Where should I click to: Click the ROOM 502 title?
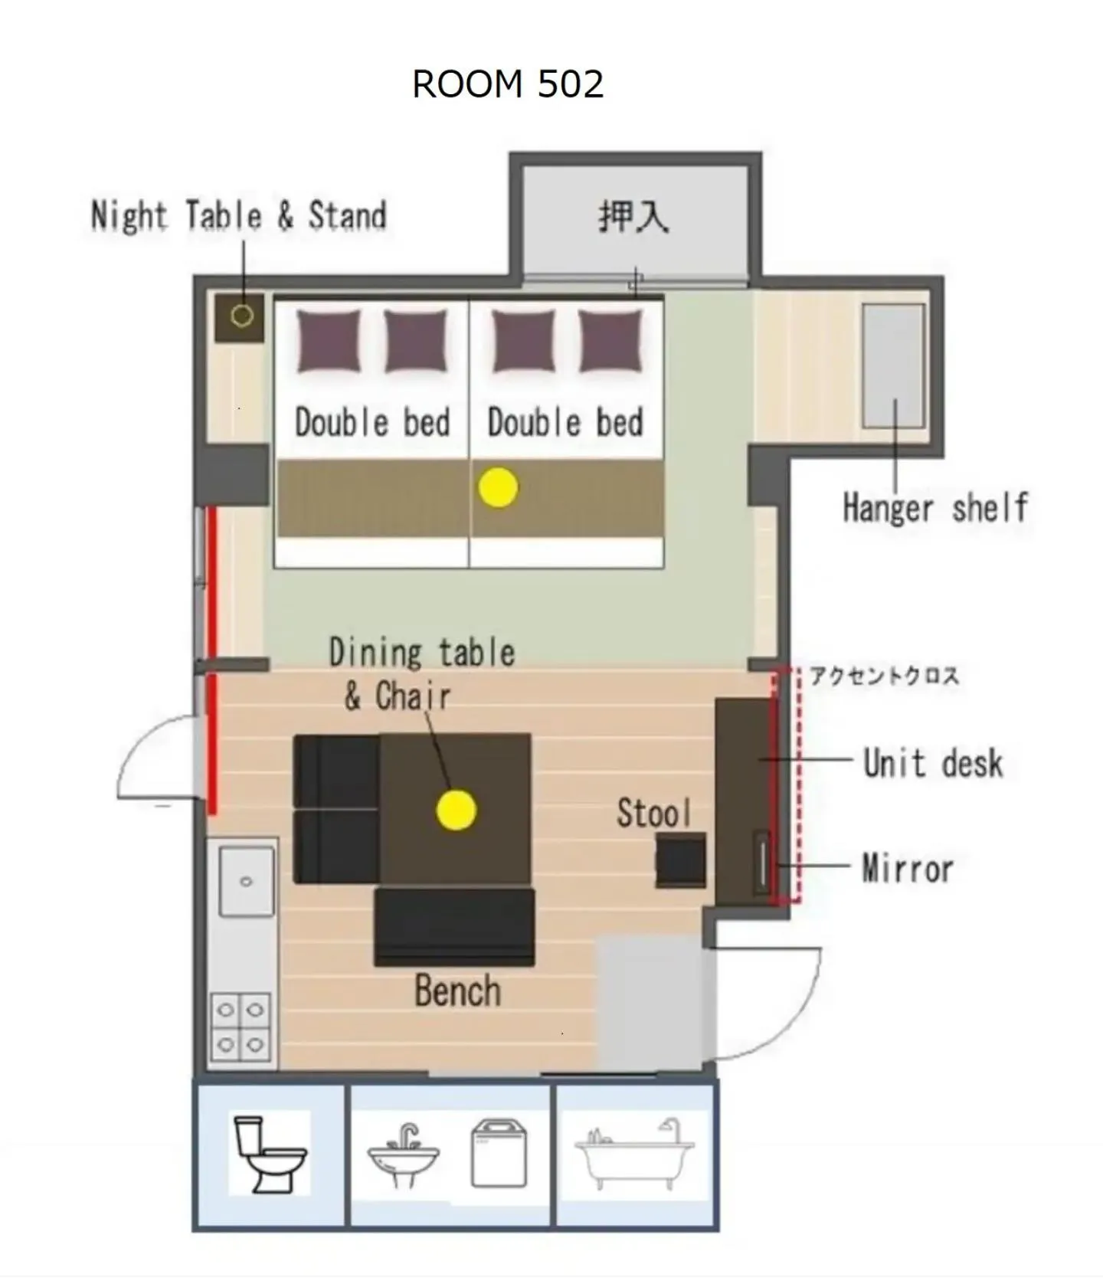pos(508,84)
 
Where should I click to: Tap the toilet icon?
pos(270,1154)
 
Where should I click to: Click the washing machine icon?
pos(499,1153)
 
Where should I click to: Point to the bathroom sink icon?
pos(404,1155)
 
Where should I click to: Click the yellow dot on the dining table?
pos(457,810)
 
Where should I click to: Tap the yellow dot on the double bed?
pos(498,487)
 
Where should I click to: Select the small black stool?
pos(681,860)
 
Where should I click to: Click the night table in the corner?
pos(240,317)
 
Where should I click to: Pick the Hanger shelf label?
pos(935,508)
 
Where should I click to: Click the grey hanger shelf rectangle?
pos(893,366)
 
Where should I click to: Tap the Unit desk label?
pos(933,763)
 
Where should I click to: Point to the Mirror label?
pos(908,869)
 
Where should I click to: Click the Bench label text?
pos(458,991)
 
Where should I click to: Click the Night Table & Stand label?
pos(238,215)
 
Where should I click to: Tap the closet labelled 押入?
pos(634,216)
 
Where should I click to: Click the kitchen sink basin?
pos(247,882)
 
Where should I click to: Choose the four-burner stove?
pos(241,1027)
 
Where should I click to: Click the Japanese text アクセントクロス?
pos(884,676)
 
